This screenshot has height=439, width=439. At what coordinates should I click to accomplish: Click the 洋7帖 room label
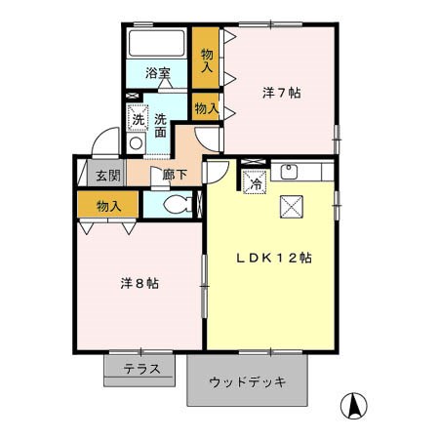pyautogui.click(x=281, y=94)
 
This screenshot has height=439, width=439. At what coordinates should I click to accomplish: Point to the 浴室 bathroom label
pyautogui.click(x=158, y=73)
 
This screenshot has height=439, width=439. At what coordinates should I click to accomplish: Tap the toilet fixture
pyautogui.click(x=176, y=204)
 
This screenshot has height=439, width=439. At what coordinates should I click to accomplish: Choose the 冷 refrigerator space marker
pyautogui.click(x=254, y=180)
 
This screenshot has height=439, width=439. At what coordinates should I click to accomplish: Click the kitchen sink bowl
pyautogui.click(x=288, y=173)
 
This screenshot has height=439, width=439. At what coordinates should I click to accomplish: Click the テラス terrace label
pyautogui.click(x=141, y=369)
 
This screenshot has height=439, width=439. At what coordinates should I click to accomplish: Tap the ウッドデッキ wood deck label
pyautogui.click(x=248, y=381)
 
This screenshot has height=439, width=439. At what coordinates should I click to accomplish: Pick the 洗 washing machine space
pyautogui.click(x=138, y=118)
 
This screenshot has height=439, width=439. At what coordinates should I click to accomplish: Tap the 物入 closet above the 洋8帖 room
pyautogui.click(x=109, y=206)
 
